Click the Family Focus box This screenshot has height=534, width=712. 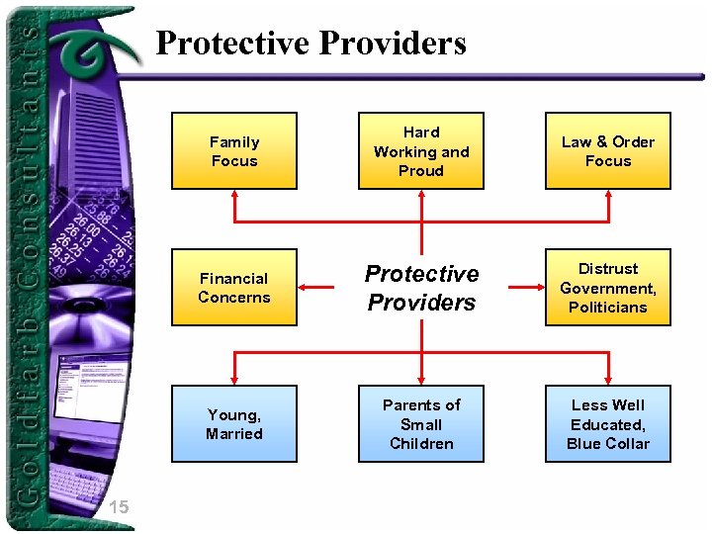coord(234,151)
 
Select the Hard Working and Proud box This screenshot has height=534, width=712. coord(421,151)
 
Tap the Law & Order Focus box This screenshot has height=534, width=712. coord(608,151)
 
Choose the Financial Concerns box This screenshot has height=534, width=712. coord(234,288)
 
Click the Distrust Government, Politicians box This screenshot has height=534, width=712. coord(608,288)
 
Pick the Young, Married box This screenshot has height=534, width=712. coord(234,424)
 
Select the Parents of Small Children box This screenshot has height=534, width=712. coord(421,424)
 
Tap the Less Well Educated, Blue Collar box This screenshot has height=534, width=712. coord(608,424)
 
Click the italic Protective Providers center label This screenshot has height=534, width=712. coord(421,288)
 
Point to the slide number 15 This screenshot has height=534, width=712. coord(119,507)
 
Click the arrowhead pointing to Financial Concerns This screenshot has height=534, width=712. coord(305,288)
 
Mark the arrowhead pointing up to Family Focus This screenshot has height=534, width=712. coord(234,195)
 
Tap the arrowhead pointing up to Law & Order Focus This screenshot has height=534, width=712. coord(608,195)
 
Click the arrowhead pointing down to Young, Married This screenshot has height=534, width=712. coord(234,380)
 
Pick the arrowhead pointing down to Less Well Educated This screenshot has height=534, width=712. coord(608,380)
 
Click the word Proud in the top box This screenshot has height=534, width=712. coord(421,171)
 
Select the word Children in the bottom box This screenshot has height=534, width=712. coord(421,444)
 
